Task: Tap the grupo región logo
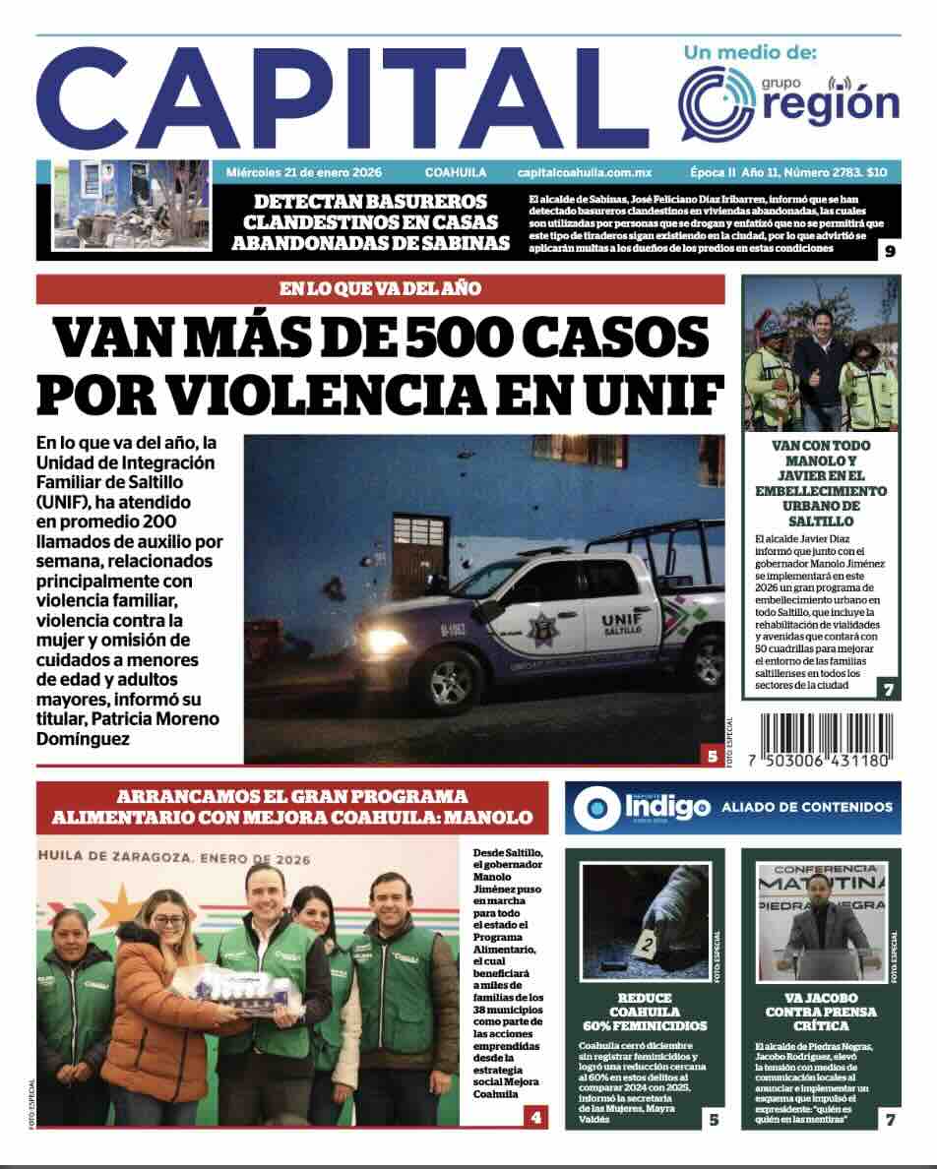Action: tap(789, 98)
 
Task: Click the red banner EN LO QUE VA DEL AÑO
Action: tap(380, 289)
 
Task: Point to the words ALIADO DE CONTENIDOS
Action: tap(806, 808)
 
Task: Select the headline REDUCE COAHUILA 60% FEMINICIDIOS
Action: tap(644, 1012)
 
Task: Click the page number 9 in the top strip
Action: tap(889, 250)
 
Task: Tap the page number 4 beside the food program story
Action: tap(534, 1117)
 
